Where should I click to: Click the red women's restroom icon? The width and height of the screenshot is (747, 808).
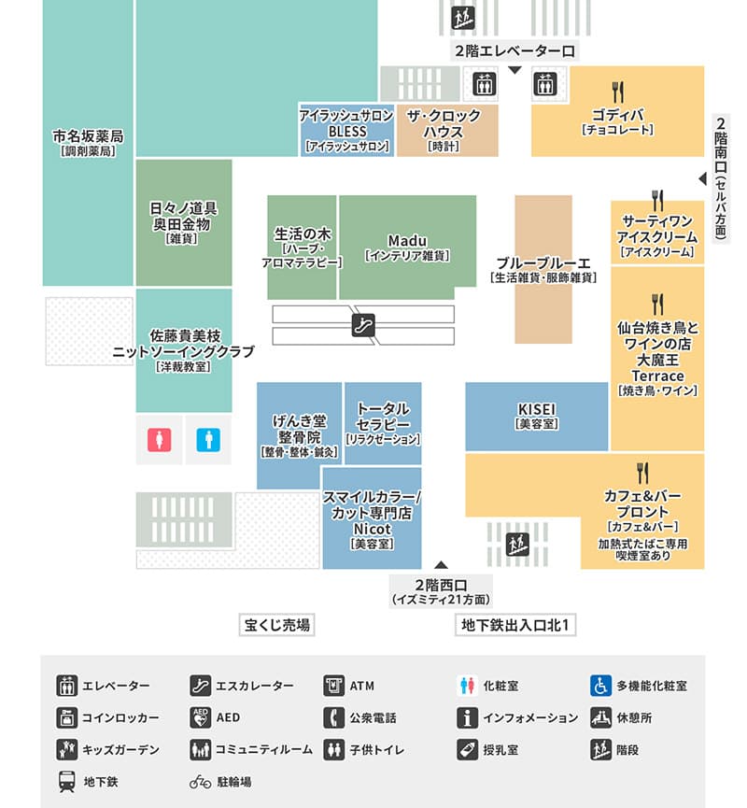pyautogui.click(x=159, y=440)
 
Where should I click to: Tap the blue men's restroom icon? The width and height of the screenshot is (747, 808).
pyautogui.click(x=208, y=440)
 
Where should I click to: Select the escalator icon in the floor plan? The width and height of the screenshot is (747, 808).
pyautogui.click(x=363, y=325)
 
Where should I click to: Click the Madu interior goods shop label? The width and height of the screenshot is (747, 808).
pyautogui.click(x=407, y=248)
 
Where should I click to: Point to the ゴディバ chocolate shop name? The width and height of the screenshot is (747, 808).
pyautogui.click(x=618, y=115)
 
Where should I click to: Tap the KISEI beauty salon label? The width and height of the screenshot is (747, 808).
pyautogui.click(x=537, y=416)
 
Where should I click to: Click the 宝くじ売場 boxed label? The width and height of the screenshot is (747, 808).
pyautogui.click(x=276, y=625)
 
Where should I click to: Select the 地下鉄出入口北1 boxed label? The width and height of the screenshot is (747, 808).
pyautogui.click(x=515, y=625)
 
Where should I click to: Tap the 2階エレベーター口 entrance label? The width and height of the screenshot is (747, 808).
pyautogui.click(x=514, y=51)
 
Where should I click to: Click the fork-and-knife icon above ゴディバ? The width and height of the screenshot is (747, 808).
pyautogui.click(x=618, y=92)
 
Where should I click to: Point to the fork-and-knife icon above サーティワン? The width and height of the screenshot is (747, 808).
pyautogui.click(x=657, y=201)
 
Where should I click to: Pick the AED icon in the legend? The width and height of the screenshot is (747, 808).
pyautogui.click(x=201, y=717)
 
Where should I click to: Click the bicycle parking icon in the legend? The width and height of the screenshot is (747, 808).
pyautogui.click(x=201, y=782)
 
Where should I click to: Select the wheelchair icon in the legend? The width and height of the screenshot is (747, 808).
pyautogui.click(x=600, y=686)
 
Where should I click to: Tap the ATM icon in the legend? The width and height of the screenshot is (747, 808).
pyautogui.click(x=334, y=686)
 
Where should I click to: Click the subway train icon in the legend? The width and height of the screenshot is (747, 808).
pyautogui.click(x=67, y=782)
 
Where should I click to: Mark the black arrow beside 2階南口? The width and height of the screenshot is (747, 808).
pyautogui.click(x=702, y=178)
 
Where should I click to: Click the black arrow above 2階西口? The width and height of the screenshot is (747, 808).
pyautogui.click(x=441, y=564)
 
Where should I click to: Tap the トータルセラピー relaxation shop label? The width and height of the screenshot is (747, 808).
pyautogui.click(x=383, y=423)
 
